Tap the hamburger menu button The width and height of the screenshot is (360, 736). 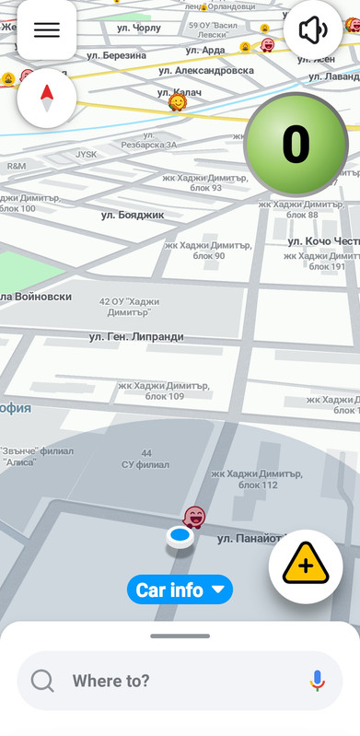(46, 29)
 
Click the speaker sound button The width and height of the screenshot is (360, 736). (313, 29)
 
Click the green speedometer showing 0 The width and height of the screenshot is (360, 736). (296, 145)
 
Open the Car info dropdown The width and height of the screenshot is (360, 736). (180, 590)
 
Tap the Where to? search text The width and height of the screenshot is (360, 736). (110, 681)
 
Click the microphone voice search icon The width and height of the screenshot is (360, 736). (318, 681)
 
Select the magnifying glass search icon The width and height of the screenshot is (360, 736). (42, 681)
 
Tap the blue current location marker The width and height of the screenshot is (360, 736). (180, 535)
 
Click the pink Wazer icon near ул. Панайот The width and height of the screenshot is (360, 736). (194, 516)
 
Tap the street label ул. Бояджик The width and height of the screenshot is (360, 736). (133, 215)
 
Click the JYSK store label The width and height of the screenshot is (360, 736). (86, 155)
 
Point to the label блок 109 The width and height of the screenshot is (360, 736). (165, 396)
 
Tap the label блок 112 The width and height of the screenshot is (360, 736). (258, 485)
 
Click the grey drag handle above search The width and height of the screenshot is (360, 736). (180, 636)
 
